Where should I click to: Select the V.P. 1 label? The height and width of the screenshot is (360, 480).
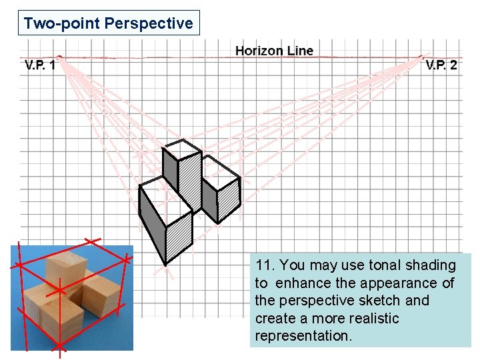click(39, 65)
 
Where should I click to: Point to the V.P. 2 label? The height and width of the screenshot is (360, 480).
click(441, 65)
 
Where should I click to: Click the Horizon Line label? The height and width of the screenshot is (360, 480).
click(274, 51)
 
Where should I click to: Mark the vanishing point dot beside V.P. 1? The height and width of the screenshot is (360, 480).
click(59, 57)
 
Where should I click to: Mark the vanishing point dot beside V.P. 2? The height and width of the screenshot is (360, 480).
click(421, 57)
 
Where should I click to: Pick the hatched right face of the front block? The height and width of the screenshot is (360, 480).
click(179, 233)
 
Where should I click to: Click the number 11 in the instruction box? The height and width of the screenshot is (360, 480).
click(263, 265)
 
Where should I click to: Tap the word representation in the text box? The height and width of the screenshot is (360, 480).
click(303, 336)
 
